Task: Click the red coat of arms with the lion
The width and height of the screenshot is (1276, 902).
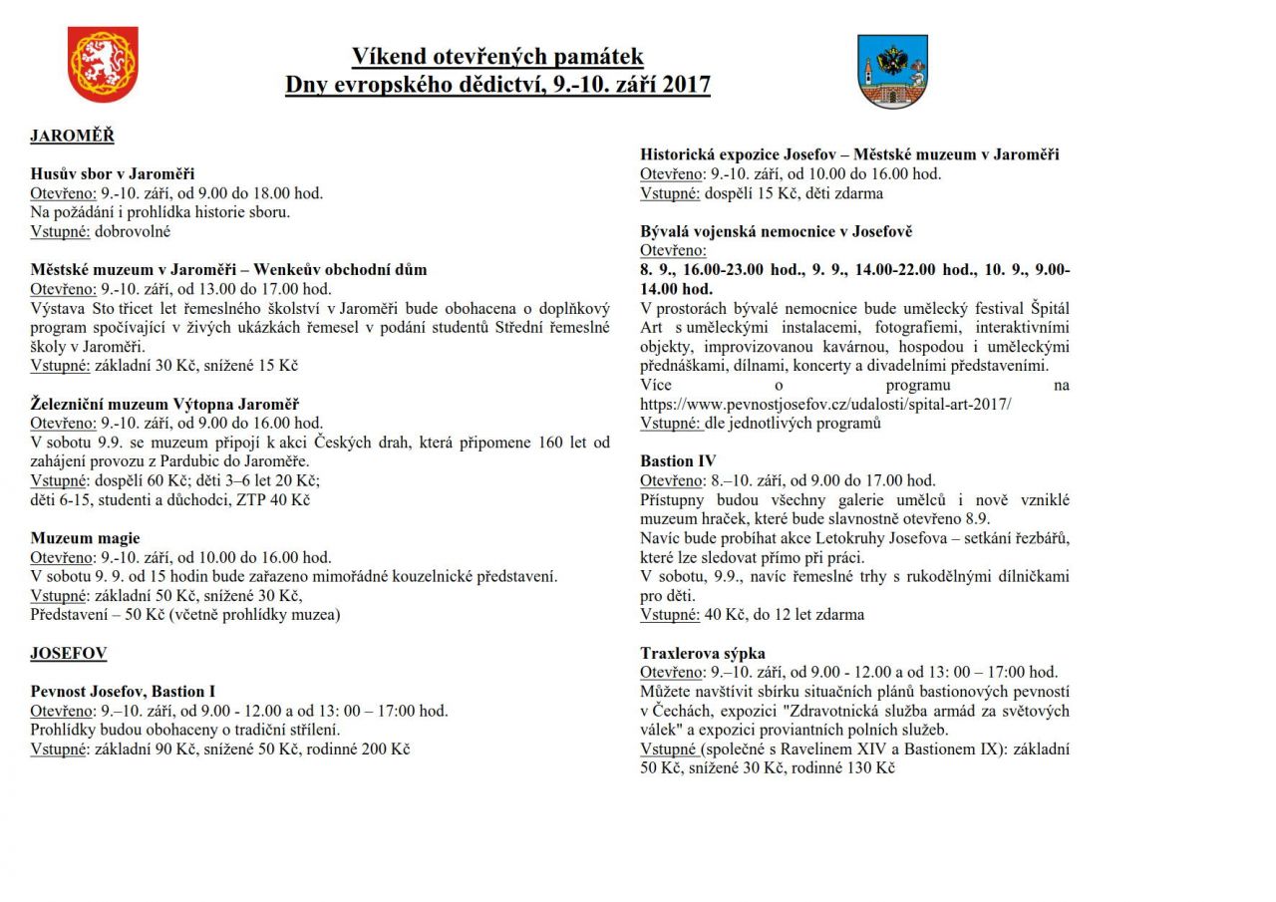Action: pyautogui.click(x=103, y=65)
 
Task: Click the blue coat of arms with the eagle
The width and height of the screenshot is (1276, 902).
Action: pyautogui.click(x=892, y=72)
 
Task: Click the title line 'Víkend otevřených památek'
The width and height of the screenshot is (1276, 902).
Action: pyautogui.click(x=497, y=57)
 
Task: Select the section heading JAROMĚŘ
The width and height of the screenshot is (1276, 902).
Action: pyautogui.click(x=72, y=136)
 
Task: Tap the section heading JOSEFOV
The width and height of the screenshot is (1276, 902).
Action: pyautogui.click(x=69, y=653)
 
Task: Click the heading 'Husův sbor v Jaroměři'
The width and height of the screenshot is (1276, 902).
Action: pyautogui.click(x=113, y=174)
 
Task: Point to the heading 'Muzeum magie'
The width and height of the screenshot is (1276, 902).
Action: pyautogui.click(x=85, y=538)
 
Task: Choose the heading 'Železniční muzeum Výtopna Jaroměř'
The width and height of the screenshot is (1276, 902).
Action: pyautogui.click(x=164, y=404)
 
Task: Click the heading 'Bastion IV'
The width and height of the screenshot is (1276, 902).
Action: pyautogui.click(x=678, y=460)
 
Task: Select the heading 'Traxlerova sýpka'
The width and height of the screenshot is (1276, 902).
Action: pyautogui.click(x=703, y=653)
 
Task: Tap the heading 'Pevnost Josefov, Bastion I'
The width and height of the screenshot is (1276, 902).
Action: pyautogui.click(x=123, y=691)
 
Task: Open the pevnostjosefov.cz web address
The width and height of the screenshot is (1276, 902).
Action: pyautogui.click(x=825, y=404)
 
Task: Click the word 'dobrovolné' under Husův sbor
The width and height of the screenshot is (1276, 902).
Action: pyautogui.click(x=133, y=231)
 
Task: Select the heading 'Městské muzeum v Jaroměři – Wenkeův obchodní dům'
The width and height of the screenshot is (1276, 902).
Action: pyautogui.click(x=228, y=270)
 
